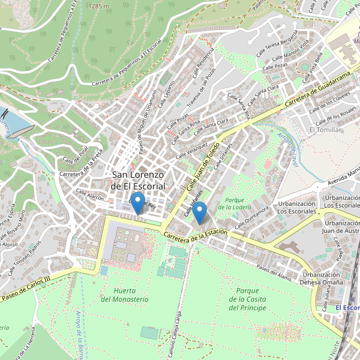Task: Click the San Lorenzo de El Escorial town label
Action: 138,181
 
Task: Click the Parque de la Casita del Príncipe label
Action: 247,299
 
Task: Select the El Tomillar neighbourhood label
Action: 325,130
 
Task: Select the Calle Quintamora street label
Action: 251,217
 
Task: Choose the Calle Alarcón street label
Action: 90,196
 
